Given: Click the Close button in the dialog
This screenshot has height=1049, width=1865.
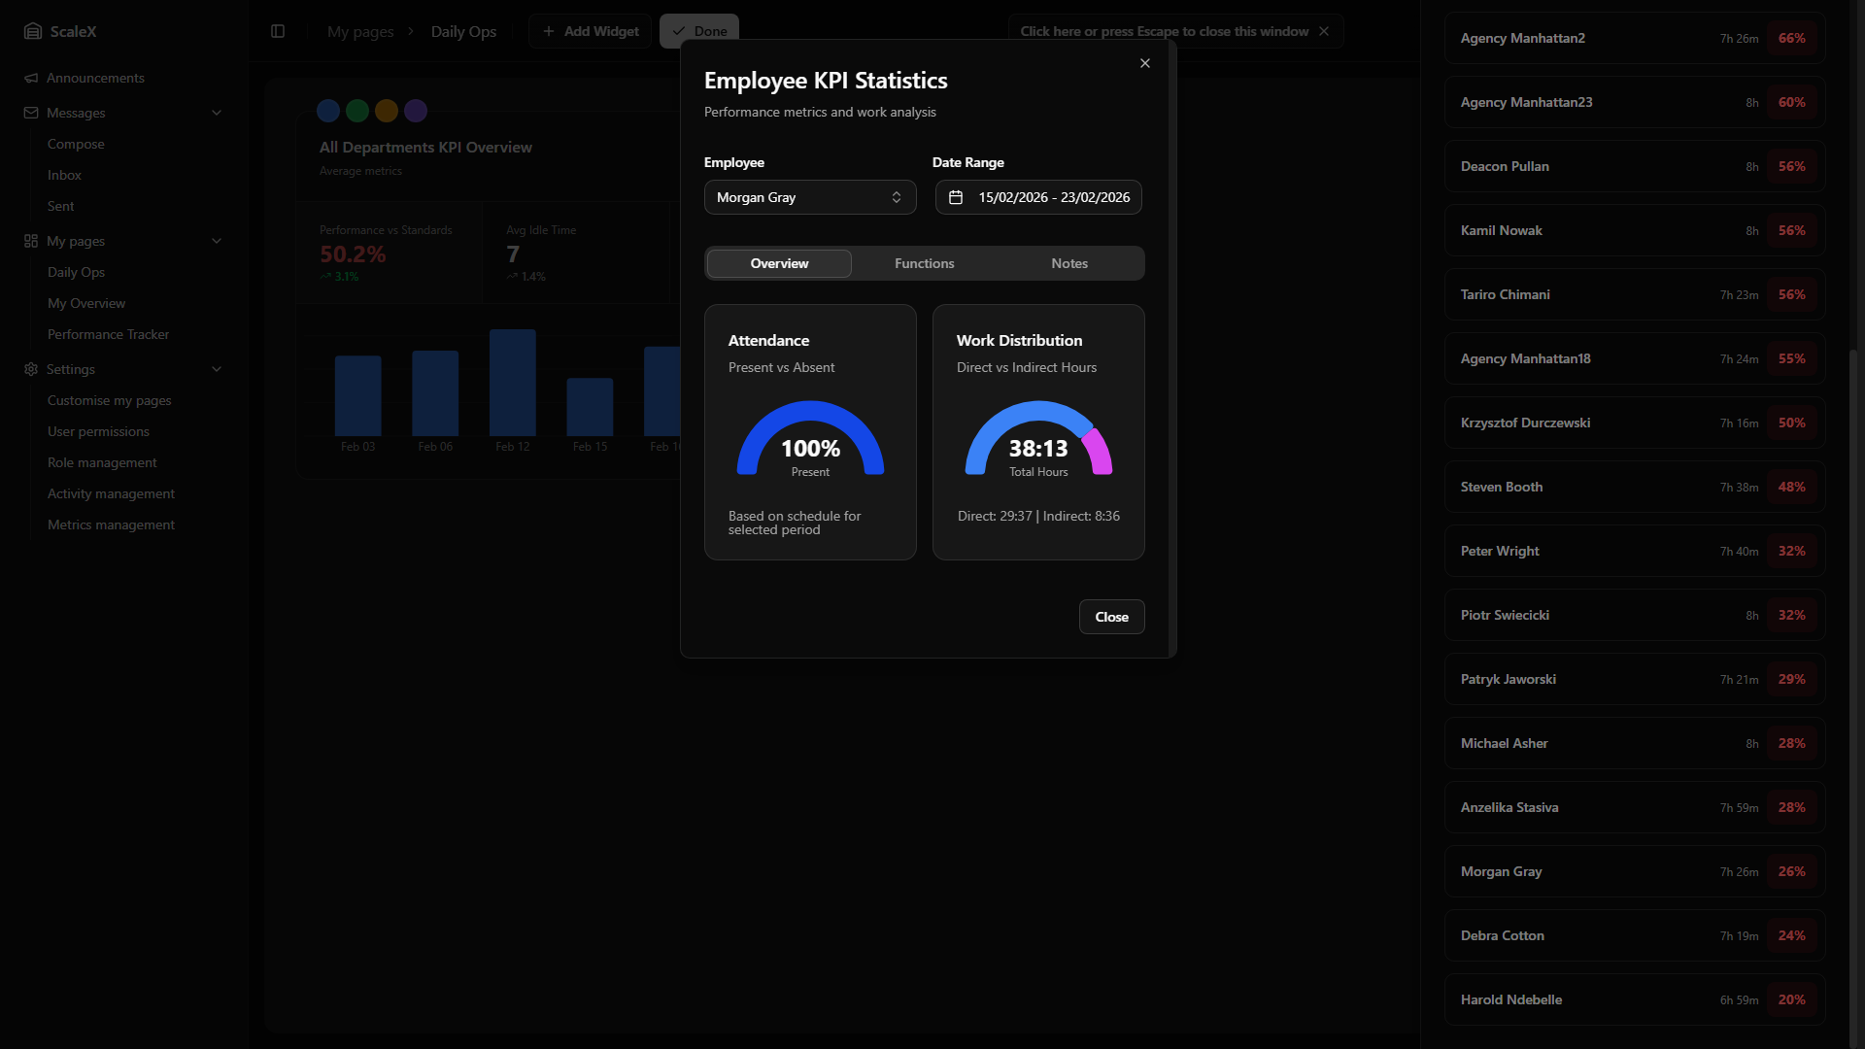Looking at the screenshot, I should [x=1111, y=617].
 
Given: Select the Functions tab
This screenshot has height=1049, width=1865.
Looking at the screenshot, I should [x=924, y=263].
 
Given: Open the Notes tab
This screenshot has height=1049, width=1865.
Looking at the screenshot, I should [x=1068, y=263].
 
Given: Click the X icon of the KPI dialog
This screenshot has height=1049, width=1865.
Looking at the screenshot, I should [x=1145, y=63].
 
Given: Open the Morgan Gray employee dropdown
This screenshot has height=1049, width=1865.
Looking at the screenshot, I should [x=809, y=197].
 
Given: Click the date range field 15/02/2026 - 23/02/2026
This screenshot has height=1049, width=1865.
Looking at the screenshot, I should [x=1038, y=197].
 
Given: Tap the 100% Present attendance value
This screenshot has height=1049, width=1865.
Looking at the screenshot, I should [x=810, y=449].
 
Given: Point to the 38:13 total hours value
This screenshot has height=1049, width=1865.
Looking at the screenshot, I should [x=1037, y=449].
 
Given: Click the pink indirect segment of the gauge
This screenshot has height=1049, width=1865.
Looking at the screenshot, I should [x=1099, y=450].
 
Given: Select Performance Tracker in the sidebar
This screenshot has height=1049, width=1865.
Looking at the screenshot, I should [x=108, y=334].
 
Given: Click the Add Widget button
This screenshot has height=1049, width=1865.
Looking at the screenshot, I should [x=591, y=31].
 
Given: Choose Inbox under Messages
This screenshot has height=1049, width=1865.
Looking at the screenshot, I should [x=64, y=175].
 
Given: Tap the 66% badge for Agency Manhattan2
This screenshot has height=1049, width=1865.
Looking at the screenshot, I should [x=1791, y=38].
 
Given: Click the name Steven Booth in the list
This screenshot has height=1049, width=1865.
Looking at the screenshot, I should [x=1501, y=487].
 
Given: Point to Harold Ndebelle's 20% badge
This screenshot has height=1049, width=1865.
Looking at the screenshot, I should [x=1791, y=999].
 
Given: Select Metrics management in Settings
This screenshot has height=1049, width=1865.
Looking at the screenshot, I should [x=111, y=524].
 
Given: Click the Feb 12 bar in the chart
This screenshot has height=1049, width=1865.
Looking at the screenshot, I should [x=513, y=383].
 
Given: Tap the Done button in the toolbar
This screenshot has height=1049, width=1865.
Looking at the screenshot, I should [x=699, y=31].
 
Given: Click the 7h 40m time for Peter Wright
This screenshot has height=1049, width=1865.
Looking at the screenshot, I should [x=1739, y=551].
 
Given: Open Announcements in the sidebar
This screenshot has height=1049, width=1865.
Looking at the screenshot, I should [x=95, y=78].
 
